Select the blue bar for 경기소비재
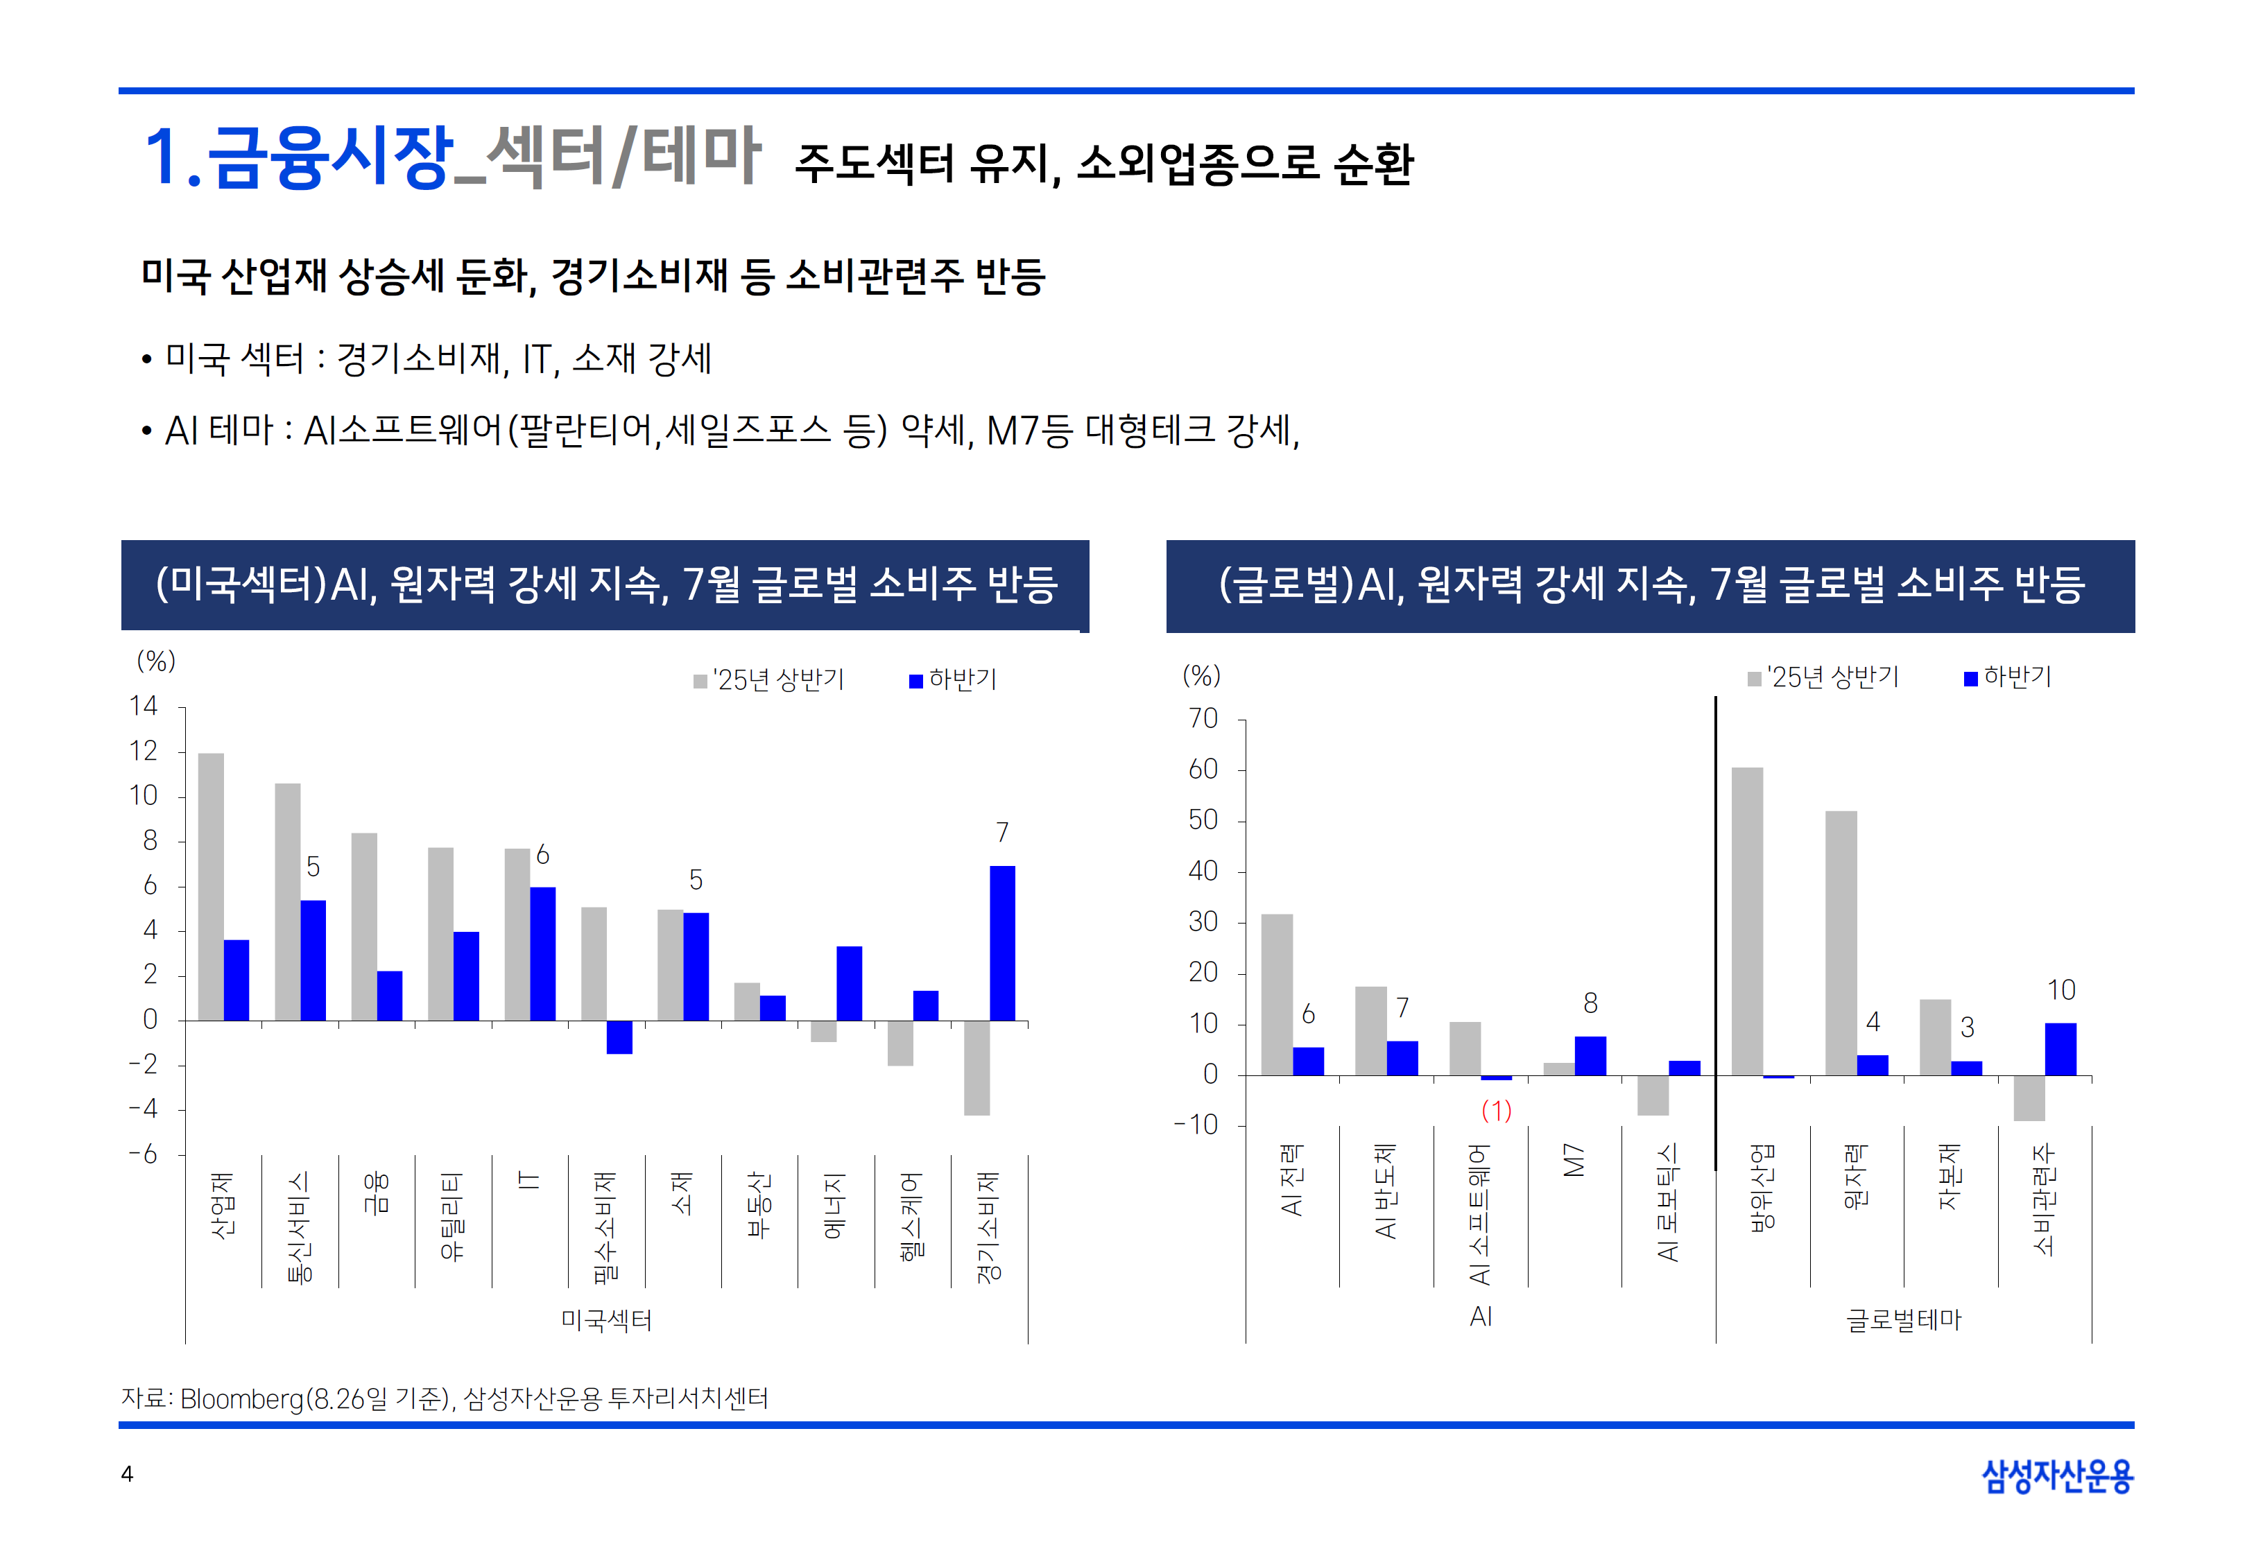click(1002, 942)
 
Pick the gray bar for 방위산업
click(1747, 921)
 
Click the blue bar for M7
click(1590, 1056)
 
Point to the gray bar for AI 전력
click(1277, 994)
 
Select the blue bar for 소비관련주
click(2061, 1049)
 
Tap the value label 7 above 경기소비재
click(1002, 833)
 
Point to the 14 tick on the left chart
click(144, 706)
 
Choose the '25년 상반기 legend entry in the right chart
click(1824, 677)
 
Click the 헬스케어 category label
click(911, 1217)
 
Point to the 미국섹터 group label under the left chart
click(606, 1321)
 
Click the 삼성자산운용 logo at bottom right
click(2056, 1476)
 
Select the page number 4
click(127, 1474)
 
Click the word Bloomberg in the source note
click(243, 1398)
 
